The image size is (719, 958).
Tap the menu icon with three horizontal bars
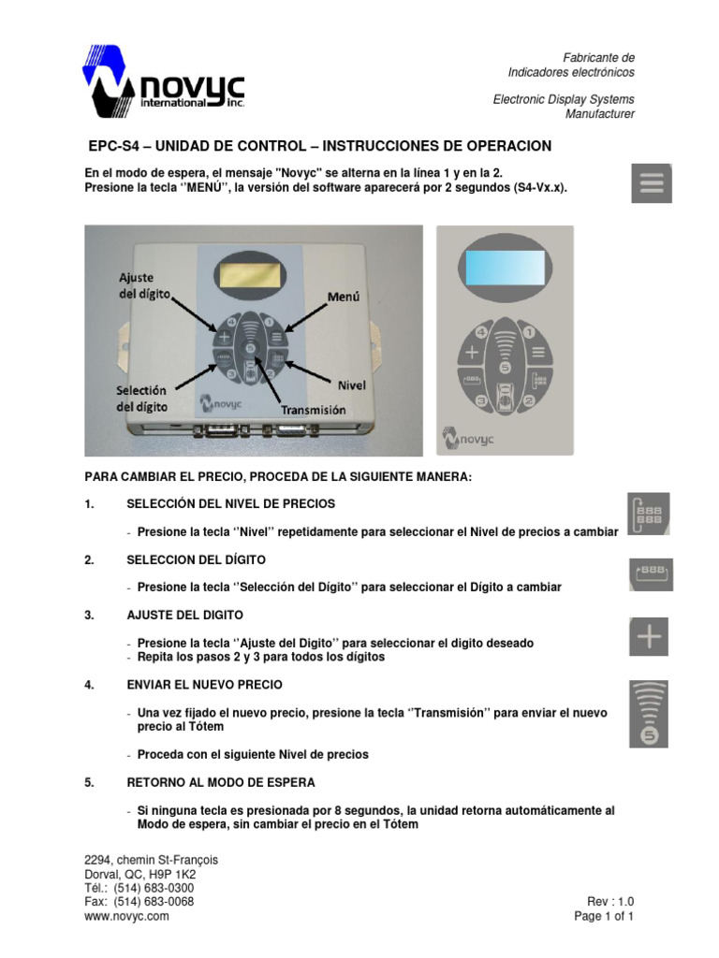pyautogui.click(x=652, y=183)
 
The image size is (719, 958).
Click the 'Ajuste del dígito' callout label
pyautogui.click(x=142, y=284)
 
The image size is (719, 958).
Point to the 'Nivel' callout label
pyautogui.click(x=351, y=384)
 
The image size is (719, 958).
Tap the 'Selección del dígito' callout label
pyautogui.click(x=141, y=398)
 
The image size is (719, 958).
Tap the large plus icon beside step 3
pyautogui.click(x=650, y=638)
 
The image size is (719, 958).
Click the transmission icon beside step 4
pyautogui.click(x=650, y=714)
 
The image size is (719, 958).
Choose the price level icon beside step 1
pyautogui.click(x=650, y=514)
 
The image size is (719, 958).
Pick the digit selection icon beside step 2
pyautogui.click(x=650, y=573)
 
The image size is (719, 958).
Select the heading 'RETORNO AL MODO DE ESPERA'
pyautogui.click(x=220, y=782)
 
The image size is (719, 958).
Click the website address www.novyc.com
pyautogui.click(x=126, y=917)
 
